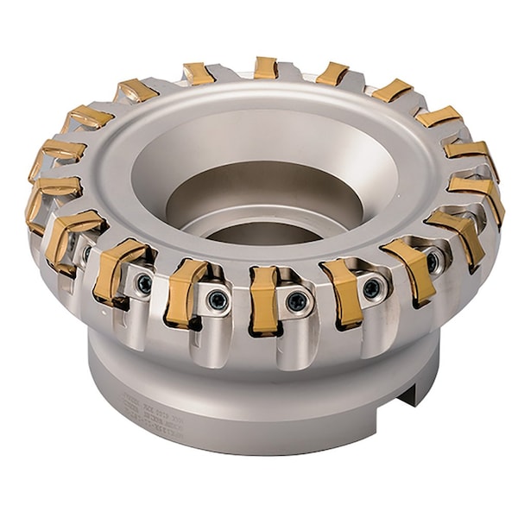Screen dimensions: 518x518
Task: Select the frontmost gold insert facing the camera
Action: [264, 299]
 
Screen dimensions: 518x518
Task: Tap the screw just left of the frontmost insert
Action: [218, 300]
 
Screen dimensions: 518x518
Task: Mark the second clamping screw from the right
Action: [371, 287]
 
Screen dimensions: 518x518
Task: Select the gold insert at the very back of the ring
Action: [266, 67]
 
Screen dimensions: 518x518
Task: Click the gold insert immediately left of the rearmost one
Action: [199, 73]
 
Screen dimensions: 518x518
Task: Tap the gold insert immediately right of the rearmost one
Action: [332, 73]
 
